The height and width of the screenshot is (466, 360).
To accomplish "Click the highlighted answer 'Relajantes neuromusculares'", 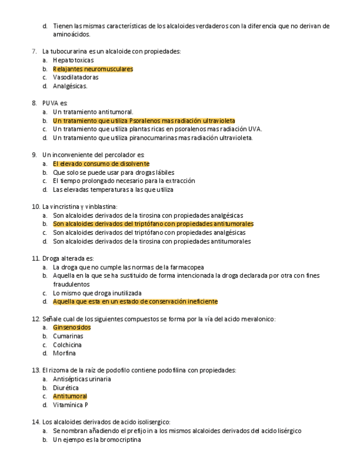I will [x=93, y=69].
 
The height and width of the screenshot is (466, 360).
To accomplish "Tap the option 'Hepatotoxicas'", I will [x=73, y=60].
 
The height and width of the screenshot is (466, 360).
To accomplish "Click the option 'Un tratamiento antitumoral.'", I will [x=93, y=112].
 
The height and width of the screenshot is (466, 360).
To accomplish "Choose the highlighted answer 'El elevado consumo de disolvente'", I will [x=101, y=164].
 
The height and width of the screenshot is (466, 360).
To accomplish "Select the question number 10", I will [x=36, y=207].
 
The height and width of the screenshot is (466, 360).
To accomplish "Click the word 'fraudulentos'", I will [x=71, y=285].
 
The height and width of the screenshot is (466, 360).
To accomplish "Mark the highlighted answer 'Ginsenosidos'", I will [x=71, y=328].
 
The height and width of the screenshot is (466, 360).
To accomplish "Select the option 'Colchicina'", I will [x=67, y=345].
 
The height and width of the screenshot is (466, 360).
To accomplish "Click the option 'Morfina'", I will [x=64, y=353].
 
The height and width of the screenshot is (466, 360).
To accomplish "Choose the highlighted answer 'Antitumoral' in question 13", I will [x=70, y=396].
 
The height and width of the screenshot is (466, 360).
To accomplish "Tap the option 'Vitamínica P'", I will [x=70, y=405].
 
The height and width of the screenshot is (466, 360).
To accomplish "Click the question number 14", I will [x=36, y=422].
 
